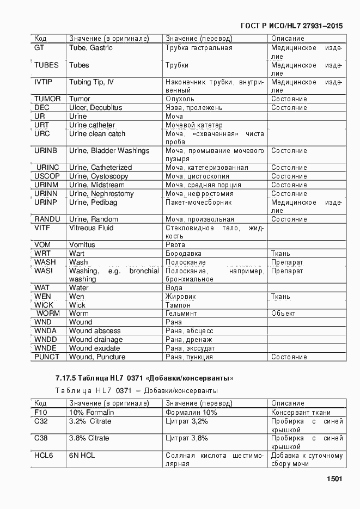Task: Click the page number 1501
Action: pyautogui.click(x=334, y=479)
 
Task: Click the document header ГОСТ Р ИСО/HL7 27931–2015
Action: pyautogui.click(x=291, y=26)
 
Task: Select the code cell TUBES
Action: pyautogui.click(x=46, y=65)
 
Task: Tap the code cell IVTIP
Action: pyautogui.click(x=44, y=82)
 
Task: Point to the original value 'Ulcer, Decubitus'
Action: pyautogui.click(x=95, y=108)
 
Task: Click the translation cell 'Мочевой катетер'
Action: pyautogui.click(x=194, y=125)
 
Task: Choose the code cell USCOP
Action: pyautogui.click(x=47, y=176)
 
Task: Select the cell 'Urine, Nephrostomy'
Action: pyautogui.click(x=101, y=194)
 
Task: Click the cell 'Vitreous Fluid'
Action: pyautogui.click(x=91, y=228)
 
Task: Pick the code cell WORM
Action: pyautogui.click(x=48, y=314)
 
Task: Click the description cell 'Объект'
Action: pyautogui.click(x=283, y=314)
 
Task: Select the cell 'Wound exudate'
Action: pyautogui.click(x=96, y=348)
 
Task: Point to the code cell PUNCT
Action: pyautogui.click(x=47, y=357)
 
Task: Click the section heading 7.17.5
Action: pyautogui.click(x=144, y=378)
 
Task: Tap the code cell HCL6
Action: pyautogui.click(x=44, y=455)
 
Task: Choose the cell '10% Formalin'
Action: pyautogui.click(x=91, y=413)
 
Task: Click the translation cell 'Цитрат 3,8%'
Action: pyautogui.click(x=187, y=438)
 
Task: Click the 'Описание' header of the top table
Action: pyautogui.click(x=288, y=39)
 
